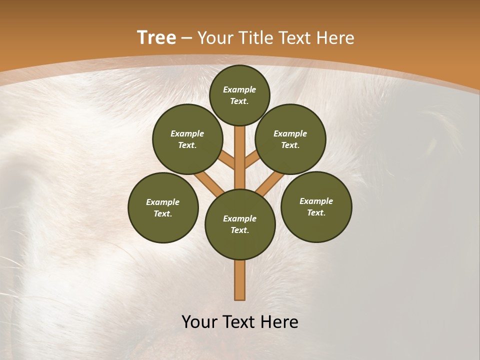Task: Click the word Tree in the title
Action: [156, 38]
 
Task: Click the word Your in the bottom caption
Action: [200, 322]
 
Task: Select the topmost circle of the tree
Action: [239, 95]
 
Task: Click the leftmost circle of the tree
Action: [163, 207]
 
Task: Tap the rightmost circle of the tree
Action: [316, 206]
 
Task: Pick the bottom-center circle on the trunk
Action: [240, 224]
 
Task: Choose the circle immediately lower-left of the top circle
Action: [187, 139]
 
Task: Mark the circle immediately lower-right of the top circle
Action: [290, 139]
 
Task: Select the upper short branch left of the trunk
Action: [226, 159]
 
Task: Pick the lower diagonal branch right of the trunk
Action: [269, 184]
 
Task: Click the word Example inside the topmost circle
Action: [239, 89]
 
